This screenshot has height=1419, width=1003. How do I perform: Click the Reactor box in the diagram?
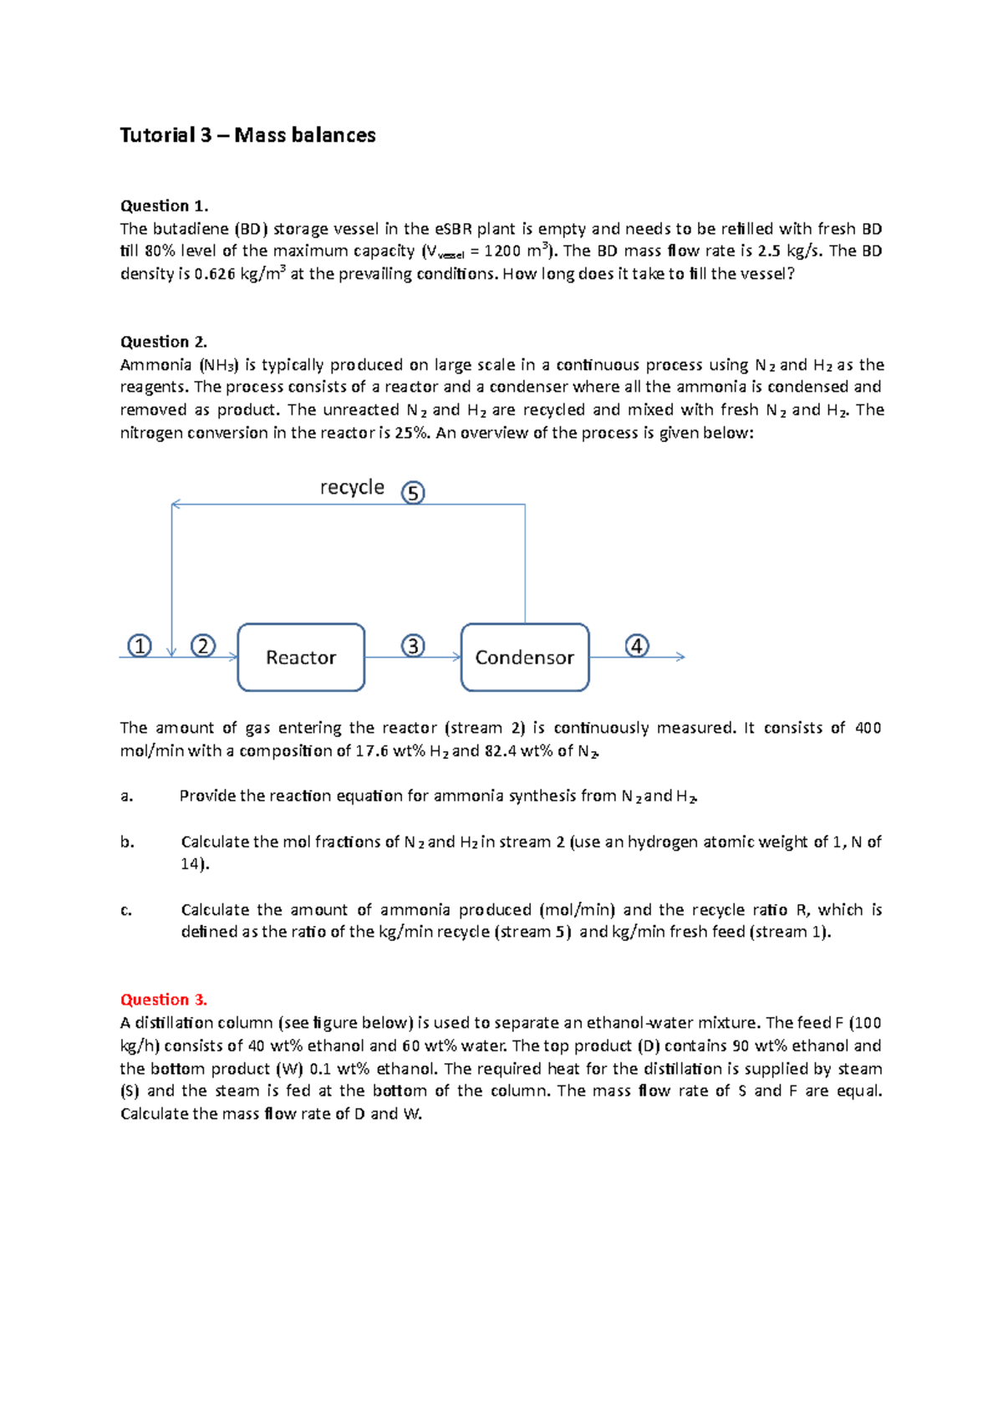[301, 658]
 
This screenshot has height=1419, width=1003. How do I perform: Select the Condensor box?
[525, 658]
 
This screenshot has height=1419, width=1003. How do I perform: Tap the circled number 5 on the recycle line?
[413, 493]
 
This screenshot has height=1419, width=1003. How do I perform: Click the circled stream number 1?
[139, 646]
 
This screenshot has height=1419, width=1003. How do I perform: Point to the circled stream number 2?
[203, 646]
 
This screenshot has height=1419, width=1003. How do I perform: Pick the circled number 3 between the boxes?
[413, 646]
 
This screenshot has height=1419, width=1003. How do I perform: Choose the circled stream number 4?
[637, 646]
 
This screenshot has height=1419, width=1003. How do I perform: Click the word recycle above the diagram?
[352, 487]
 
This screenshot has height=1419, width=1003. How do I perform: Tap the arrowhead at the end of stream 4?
[681, 657]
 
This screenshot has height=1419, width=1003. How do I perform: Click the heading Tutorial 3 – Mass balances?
[247, 135]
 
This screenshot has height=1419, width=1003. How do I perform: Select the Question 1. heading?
[164, 206]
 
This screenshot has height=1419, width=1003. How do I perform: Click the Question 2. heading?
[164, 342]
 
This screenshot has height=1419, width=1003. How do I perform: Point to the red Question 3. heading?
[164, 999]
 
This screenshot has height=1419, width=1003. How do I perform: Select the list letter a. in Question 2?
[126, 796]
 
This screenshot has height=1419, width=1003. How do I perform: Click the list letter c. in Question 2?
[126, 910]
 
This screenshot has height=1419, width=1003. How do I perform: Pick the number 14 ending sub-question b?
[191, 864]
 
